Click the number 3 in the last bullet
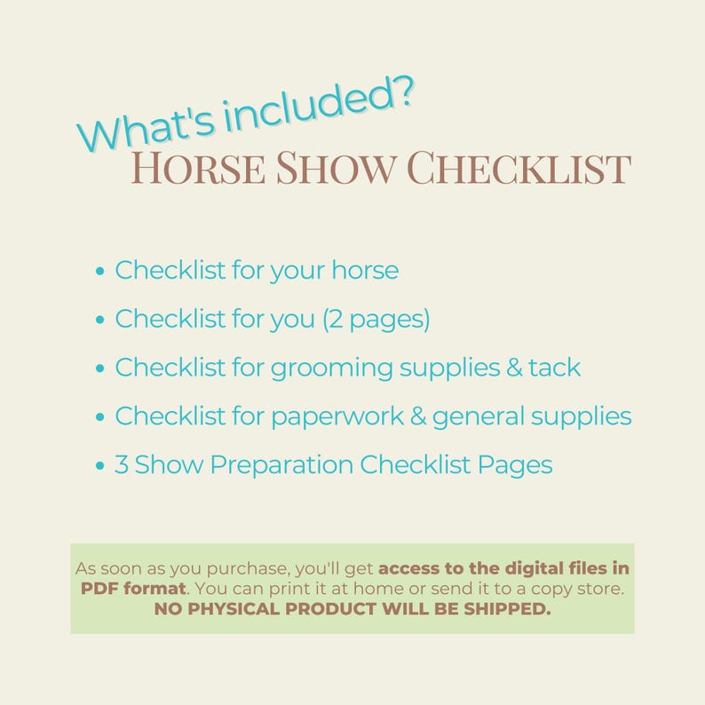click(x=122, y=464)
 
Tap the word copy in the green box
click(x=543, y=588)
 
